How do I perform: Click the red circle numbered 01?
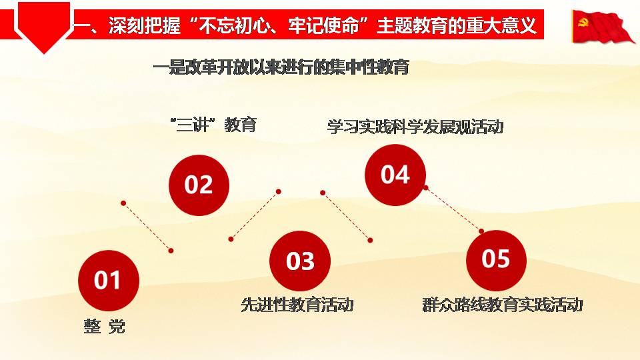(109, 281)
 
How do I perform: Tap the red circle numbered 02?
(199, 185)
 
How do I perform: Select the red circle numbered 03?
(300, 261)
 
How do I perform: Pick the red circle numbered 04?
(395, 175)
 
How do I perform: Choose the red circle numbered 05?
(496, 260)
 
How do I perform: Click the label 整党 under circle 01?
(105, 327)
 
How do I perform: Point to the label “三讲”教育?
(213, 125)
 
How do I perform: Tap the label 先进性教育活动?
(297, 305)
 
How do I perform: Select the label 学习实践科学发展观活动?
(415, 127)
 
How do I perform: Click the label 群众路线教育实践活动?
(503, 305)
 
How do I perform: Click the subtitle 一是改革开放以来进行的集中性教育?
(281, 67)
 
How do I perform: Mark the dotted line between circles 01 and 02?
(147, 227)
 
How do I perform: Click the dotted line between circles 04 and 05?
(454, 209)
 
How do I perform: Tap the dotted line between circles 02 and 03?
(255, 215)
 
